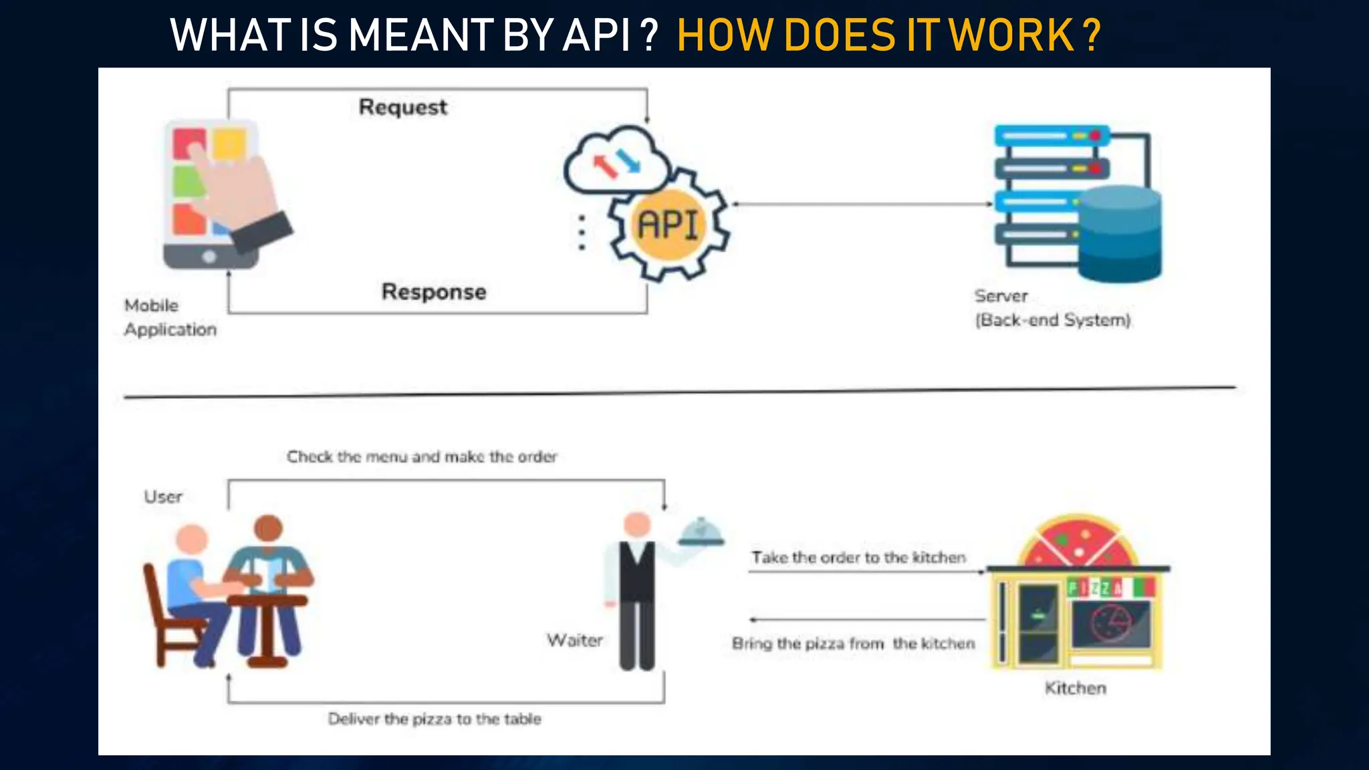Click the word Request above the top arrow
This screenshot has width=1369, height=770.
point(402,107)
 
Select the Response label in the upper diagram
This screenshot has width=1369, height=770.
point(434,291)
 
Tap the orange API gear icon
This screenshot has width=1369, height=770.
point(668,225)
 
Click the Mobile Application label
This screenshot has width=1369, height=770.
point(170,317)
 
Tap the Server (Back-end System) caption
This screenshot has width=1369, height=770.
point(1051,308)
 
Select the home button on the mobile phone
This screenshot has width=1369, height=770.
point(209,257)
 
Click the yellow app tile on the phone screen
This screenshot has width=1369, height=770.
point(229,143)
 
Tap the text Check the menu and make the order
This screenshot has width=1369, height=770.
point(422,457)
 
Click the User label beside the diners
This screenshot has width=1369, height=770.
point(163,497)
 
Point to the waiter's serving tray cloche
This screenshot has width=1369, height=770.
point(701,533)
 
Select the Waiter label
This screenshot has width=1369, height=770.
point(574,640)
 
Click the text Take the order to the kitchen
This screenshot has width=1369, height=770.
point(858,557)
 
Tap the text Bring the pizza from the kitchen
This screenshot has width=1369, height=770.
point(853,644)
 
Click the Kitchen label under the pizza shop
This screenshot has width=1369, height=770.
point(1075,688)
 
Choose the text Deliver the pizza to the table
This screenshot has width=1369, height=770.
point(434,719)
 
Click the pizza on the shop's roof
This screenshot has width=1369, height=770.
point(1078,541)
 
